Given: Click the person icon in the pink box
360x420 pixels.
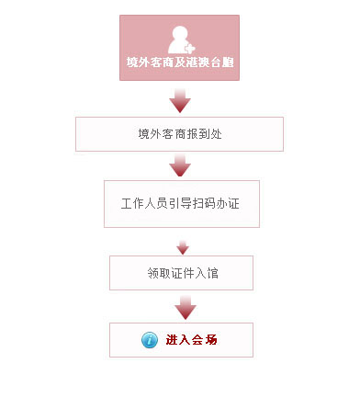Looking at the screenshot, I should point(180,39).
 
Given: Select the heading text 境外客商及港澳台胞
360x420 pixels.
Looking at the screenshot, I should point(179,63).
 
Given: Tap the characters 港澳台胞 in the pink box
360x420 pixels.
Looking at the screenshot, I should point(209,63).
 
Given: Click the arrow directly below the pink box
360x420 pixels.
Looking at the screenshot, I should point(180,100).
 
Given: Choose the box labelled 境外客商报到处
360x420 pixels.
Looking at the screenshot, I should point(179,133).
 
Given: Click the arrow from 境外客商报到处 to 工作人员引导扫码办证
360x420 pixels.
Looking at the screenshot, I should point(180,165).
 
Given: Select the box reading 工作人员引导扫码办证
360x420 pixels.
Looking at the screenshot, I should point(181,203).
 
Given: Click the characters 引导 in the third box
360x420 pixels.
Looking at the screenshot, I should point(181,203).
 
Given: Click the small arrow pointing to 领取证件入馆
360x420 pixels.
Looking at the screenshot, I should point(182,246).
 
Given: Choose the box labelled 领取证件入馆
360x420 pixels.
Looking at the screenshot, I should point(181,273).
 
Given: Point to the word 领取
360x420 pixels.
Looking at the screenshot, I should point(157,273).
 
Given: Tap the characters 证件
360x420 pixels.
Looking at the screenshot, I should point(182,273).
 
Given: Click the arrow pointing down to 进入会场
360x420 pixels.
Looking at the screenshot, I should point(186,307).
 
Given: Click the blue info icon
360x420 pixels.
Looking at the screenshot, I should point(150,340).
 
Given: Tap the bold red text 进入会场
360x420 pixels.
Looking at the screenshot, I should point(191,340).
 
